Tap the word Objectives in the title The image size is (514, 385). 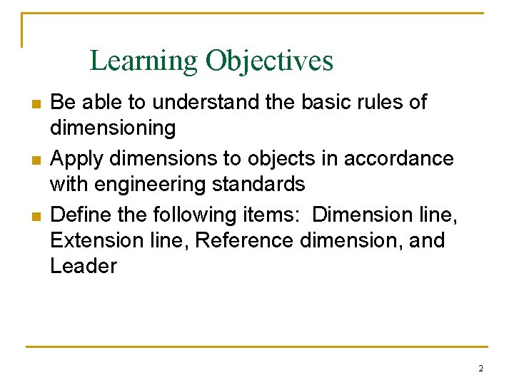tap(269, 61)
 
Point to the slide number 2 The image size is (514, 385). tap(480, 369)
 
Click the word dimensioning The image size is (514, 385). tap(113, 128)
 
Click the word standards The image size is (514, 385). tap(261, 184)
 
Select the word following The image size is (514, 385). tap(202, 215)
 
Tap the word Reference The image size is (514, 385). tap(243, 240)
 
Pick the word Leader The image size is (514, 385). tap(84, 266)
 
